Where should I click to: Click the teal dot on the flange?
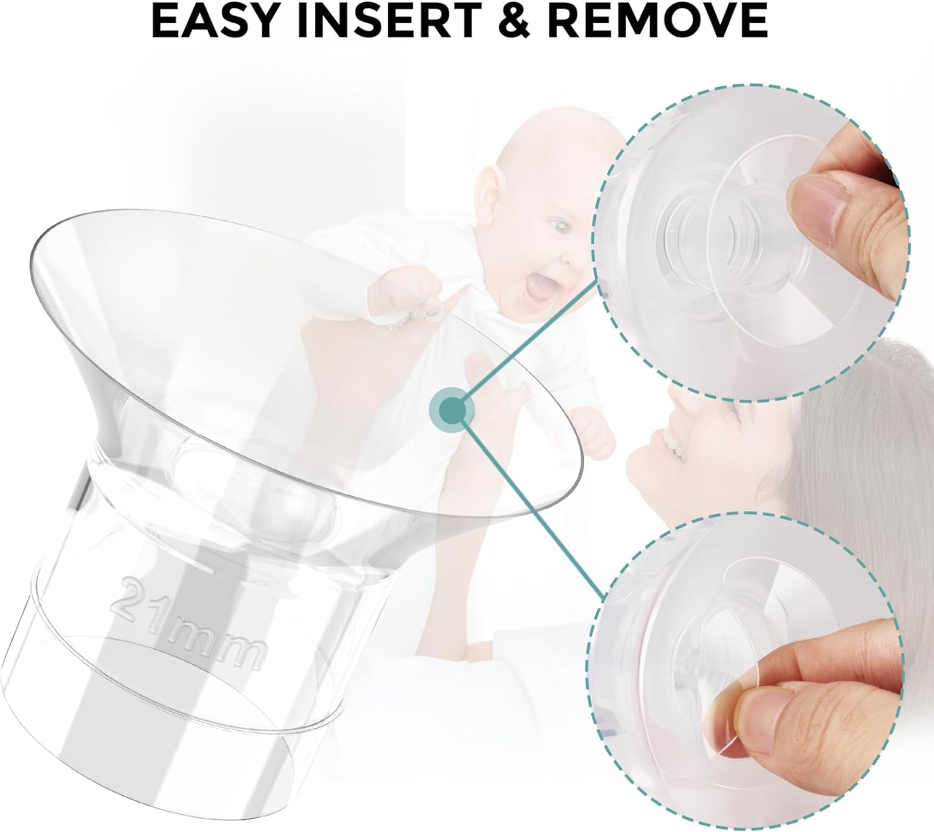click(x=451, y=409)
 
